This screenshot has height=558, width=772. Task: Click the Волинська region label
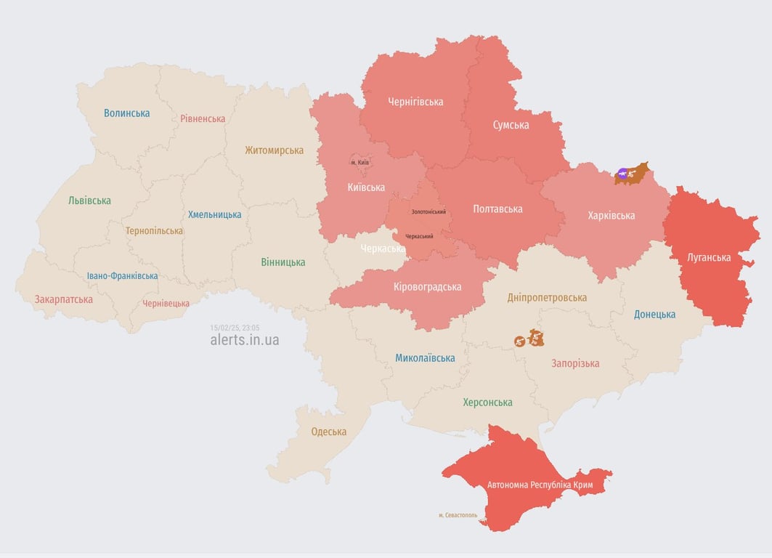point(126,113)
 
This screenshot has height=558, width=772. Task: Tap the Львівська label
point(89,201)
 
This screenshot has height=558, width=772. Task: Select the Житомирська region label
point(274,150)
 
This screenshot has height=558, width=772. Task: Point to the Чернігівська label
point(415,102)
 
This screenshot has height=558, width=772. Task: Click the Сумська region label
point(511,125)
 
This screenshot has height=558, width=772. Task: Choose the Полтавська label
point(497,209)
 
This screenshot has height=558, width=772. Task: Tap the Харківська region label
point(611,216)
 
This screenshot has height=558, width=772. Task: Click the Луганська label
point(709,257)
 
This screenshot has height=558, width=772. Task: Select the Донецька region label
point(654,315)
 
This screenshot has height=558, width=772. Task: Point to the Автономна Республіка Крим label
point(540,485)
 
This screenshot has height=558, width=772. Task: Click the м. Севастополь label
point(458,515)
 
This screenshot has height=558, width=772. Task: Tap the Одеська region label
point(328,432)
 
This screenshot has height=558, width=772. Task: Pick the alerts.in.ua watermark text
point(244,340)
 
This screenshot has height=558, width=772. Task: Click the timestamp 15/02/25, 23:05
point(235,328)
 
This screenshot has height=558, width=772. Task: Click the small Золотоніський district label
point(428,211)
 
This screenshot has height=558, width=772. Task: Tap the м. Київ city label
point(359,162)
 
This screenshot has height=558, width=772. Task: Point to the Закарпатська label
point(64,299)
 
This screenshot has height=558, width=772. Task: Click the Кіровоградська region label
point(427,287)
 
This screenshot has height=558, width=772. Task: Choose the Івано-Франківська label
point(122,276)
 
